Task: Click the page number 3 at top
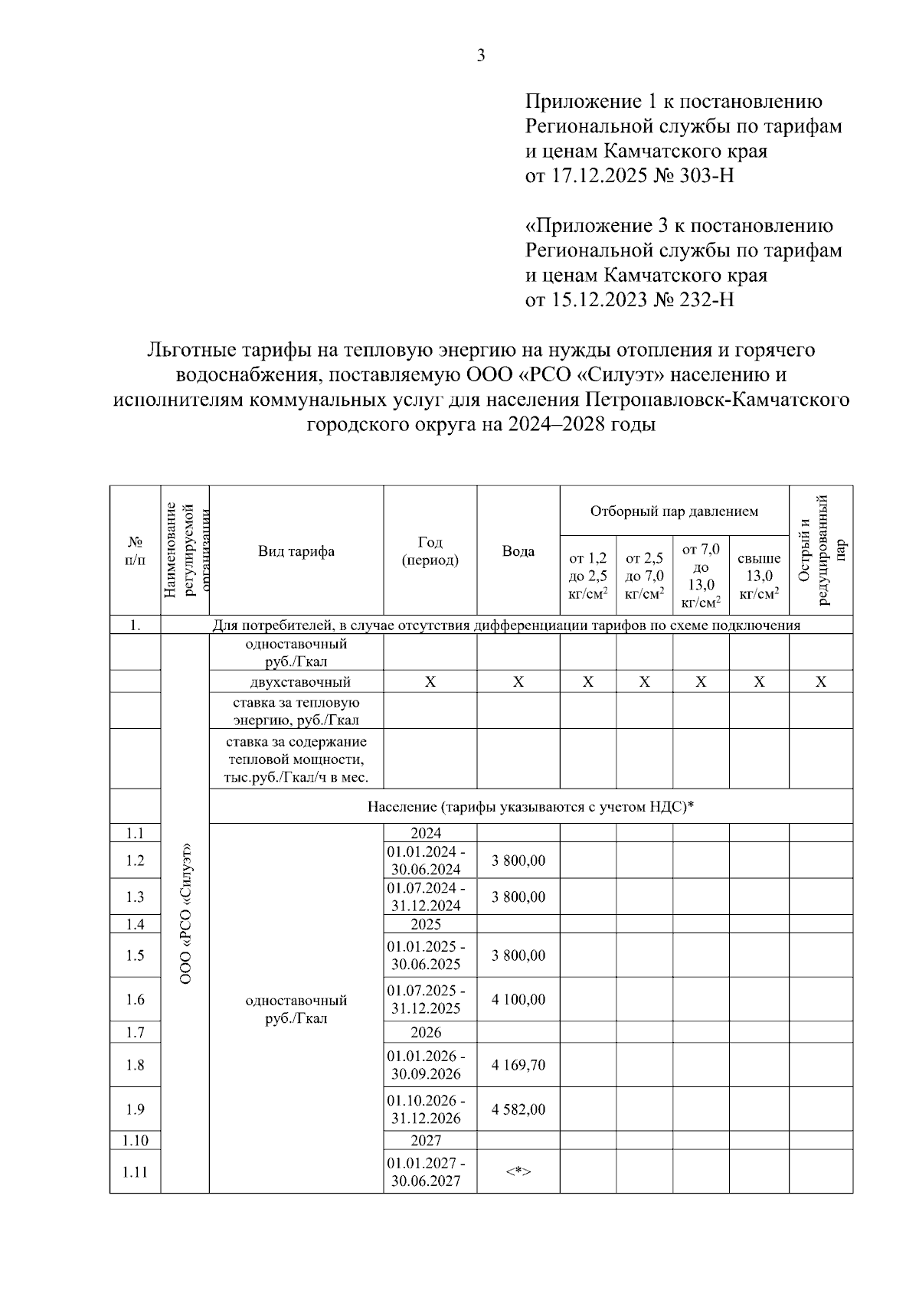481,55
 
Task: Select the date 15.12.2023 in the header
597,299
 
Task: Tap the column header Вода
518,551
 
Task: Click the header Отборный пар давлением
674,511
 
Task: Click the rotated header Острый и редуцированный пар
821,550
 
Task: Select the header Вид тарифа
296,551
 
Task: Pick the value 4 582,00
518,1109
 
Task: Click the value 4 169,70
518,1065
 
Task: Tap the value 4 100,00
518,999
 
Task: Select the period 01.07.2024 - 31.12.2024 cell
430,897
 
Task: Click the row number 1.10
135,1141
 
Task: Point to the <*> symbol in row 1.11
518,1171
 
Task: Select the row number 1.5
135,955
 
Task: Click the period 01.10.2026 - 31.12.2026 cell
430,1109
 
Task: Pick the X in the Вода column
518,682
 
